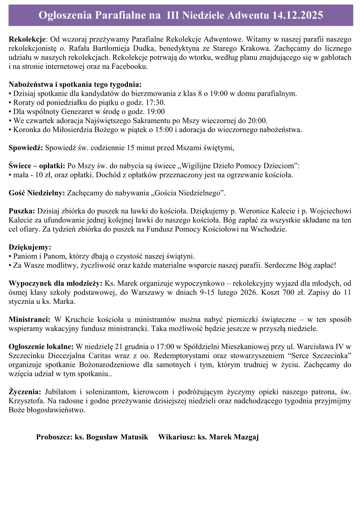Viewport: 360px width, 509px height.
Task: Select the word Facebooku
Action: point(131,66)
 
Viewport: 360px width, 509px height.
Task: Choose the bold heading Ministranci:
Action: point(30,320)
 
